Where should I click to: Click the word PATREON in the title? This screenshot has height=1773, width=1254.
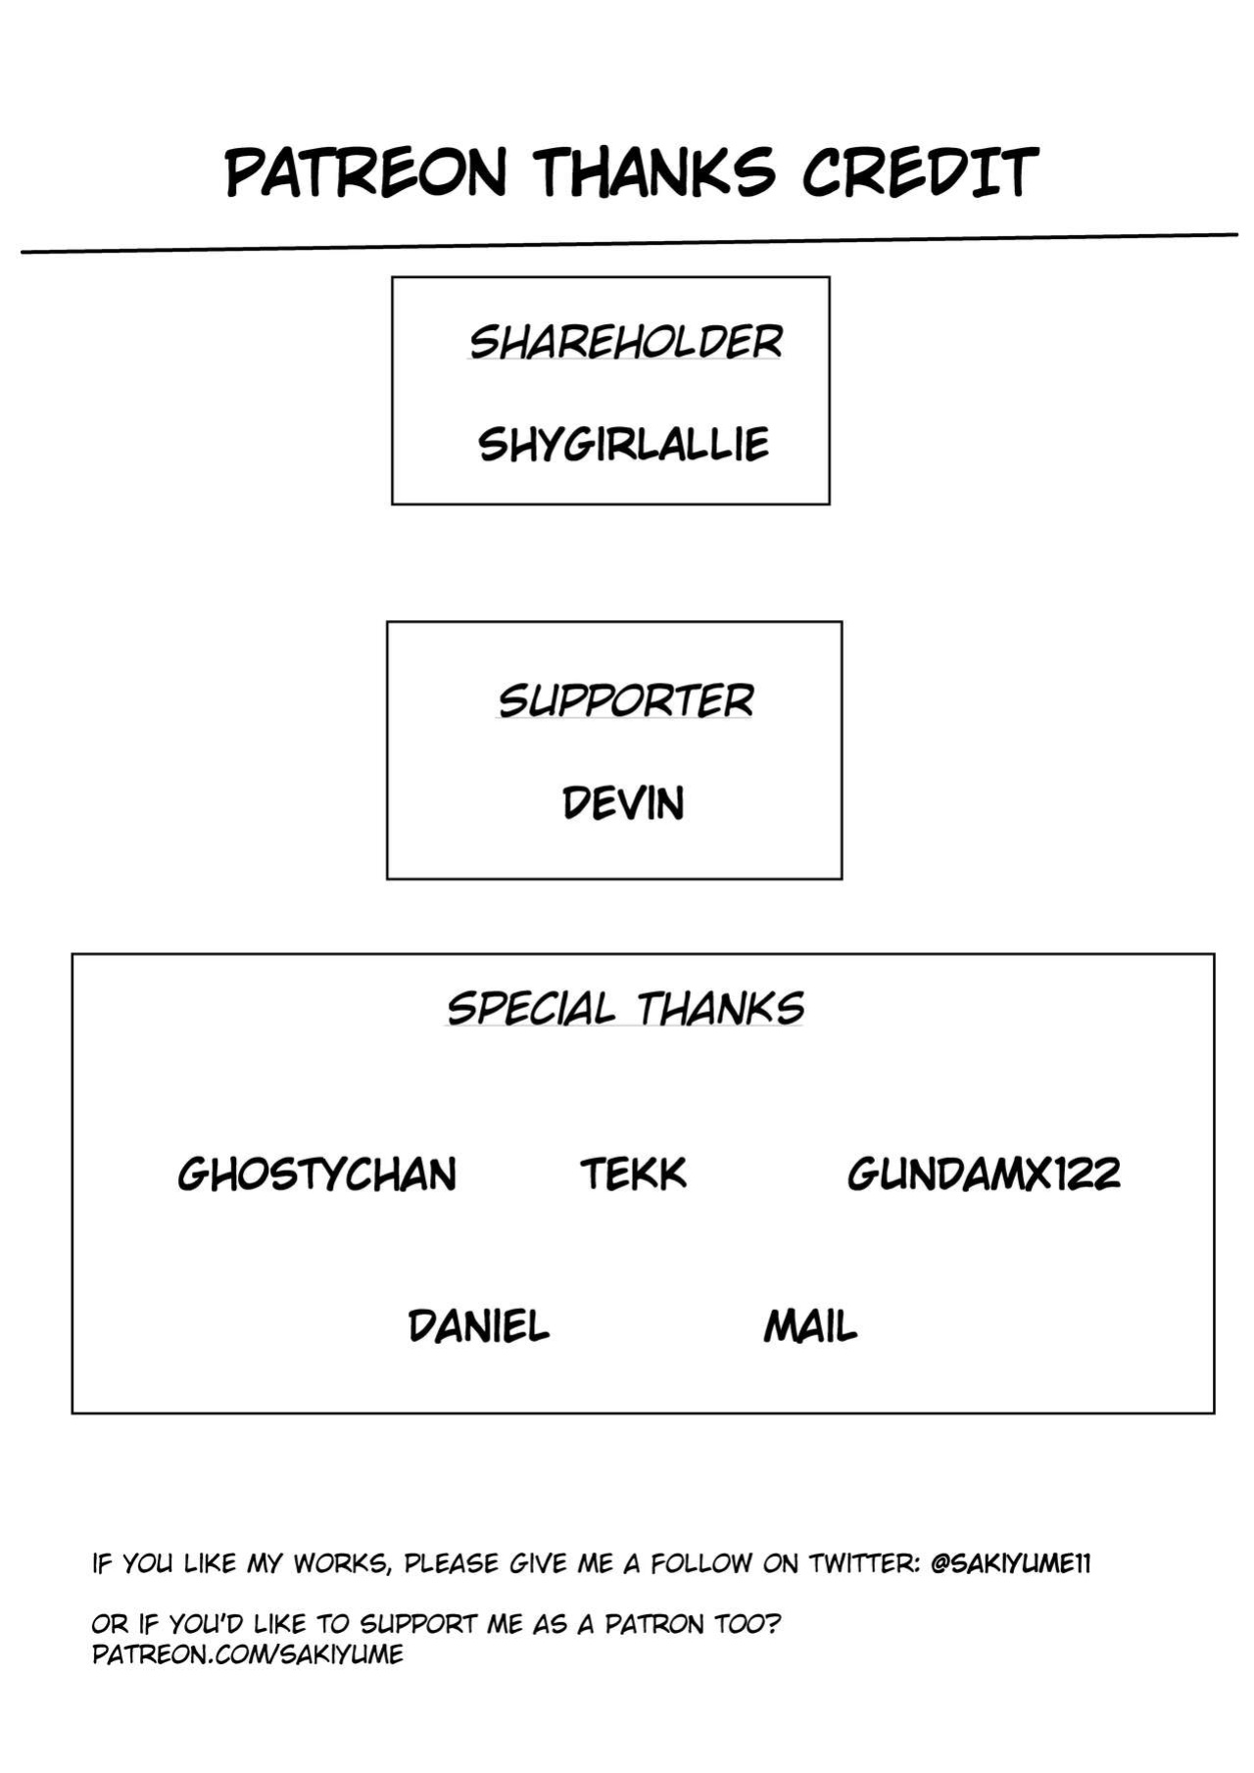click(x=365, y=172)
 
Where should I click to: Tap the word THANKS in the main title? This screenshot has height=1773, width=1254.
click(x=654, y=172)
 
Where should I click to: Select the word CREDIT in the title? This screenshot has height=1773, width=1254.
click(x=920, y=172)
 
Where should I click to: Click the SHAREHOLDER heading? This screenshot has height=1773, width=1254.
click(x=625, y=342)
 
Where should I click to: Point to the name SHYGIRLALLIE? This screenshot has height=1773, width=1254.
click(x=623, y=445)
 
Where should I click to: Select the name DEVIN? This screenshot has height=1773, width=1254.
click(x=623, y=803)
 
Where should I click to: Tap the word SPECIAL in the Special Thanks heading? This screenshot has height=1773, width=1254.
click(x=530, y=1008)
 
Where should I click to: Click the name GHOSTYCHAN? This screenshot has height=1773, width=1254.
click(x=317, y=1174)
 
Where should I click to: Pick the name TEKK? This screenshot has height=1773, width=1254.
click(x=633, y=1174)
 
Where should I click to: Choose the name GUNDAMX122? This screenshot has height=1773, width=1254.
click(x=984, y=1174)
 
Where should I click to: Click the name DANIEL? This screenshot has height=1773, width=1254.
click(x=478, y=1326)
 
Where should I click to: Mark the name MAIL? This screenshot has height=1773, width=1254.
click(x=810, y=1326)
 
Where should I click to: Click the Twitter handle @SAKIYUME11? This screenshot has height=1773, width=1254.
click(x=1010, y=1563)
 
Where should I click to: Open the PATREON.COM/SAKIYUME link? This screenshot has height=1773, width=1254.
click(x=248, y=1654)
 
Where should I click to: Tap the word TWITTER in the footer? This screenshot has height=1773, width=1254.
click(x=863, y=1563)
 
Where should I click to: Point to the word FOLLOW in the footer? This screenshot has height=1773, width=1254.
click(x=700, y=1563)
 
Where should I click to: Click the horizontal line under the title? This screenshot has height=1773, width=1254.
click(x=630, y=243)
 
